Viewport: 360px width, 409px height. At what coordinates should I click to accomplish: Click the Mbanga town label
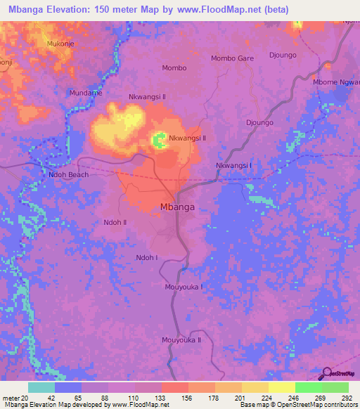(x=177, y=207)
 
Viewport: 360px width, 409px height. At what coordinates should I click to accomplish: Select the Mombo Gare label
(x=232, y=58)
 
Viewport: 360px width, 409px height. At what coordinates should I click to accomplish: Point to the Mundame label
(x=84, y=93)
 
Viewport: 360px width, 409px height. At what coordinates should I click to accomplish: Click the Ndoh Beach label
(x=68, y=174)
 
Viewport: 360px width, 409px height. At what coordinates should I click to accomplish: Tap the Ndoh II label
(x=115, y=222)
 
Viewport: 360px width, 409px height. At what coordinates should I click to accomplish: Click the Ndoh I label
(x=147, y=258)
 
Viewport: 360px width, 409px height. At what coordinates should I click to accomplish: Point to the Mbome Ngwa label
(x=336, y=82)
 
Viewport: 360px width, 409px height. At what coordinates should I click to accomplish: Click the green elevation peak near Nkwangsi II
(x=160, y=141)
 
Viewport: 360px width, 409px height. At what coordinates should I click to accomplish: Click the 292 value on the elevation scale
(x=346, y=398)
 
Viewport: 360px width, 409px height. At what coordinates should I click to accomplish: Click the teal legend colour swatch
(x=41, y=387)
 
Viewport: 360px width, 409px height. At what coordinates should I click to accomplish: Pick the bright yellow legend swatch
(x=282, y=387)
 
